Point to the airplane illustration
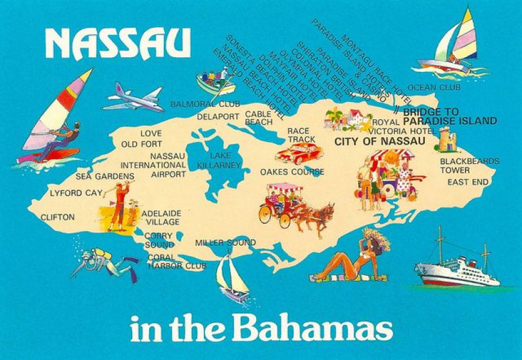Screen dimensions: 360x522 (134, 97)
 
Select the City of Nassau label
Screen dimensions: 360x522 (379, 141)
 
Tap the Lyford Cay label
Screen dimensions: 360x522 (76, 193)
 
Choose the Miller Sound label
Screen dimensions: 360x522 (225, 243)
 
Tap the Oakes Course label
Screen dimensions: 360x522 (292, 172)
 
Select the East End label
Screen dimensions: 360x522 (467, 182)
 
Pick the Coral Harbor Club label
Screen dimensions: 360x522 (176, 262)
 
